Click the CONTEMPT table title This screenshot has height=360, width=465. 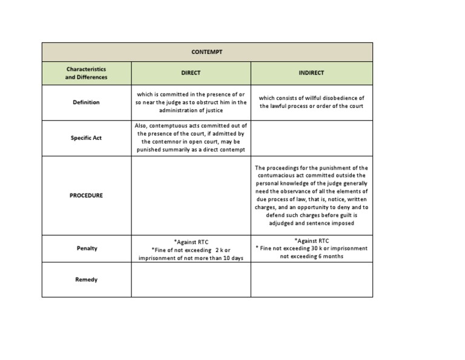[x=207, y=52]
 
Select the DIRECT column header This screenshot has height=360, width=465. [x=191, y=73]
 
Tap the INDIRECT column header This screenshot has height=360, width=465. [x=311, y=73]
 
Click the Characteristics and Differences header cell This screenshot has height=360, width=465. [x=86, y=73]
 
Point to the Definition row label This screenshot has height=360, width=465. [x=86, y=102]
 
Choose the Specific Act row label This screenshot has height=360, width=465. [x=86, y=138]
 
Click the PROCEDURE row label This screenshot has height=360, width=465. [x=86, y=196]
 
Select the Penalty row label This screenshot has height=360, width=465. [x=87, y=248]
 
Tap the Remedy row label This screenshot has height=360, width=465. [x=87, y=280]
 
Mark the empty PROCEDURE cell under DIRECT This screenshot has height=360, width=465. [x=191, y=196]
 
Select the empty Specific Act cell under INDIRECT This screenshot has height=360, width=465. [x=311, y=138]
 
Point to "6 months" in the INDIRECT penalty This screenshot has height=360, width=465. [x=329, y=256]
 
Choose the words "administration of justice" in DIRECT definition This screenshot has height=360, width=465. [x=191, y=110]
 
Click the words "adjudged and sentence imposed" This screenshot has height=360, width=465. [x=311, y=223]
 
